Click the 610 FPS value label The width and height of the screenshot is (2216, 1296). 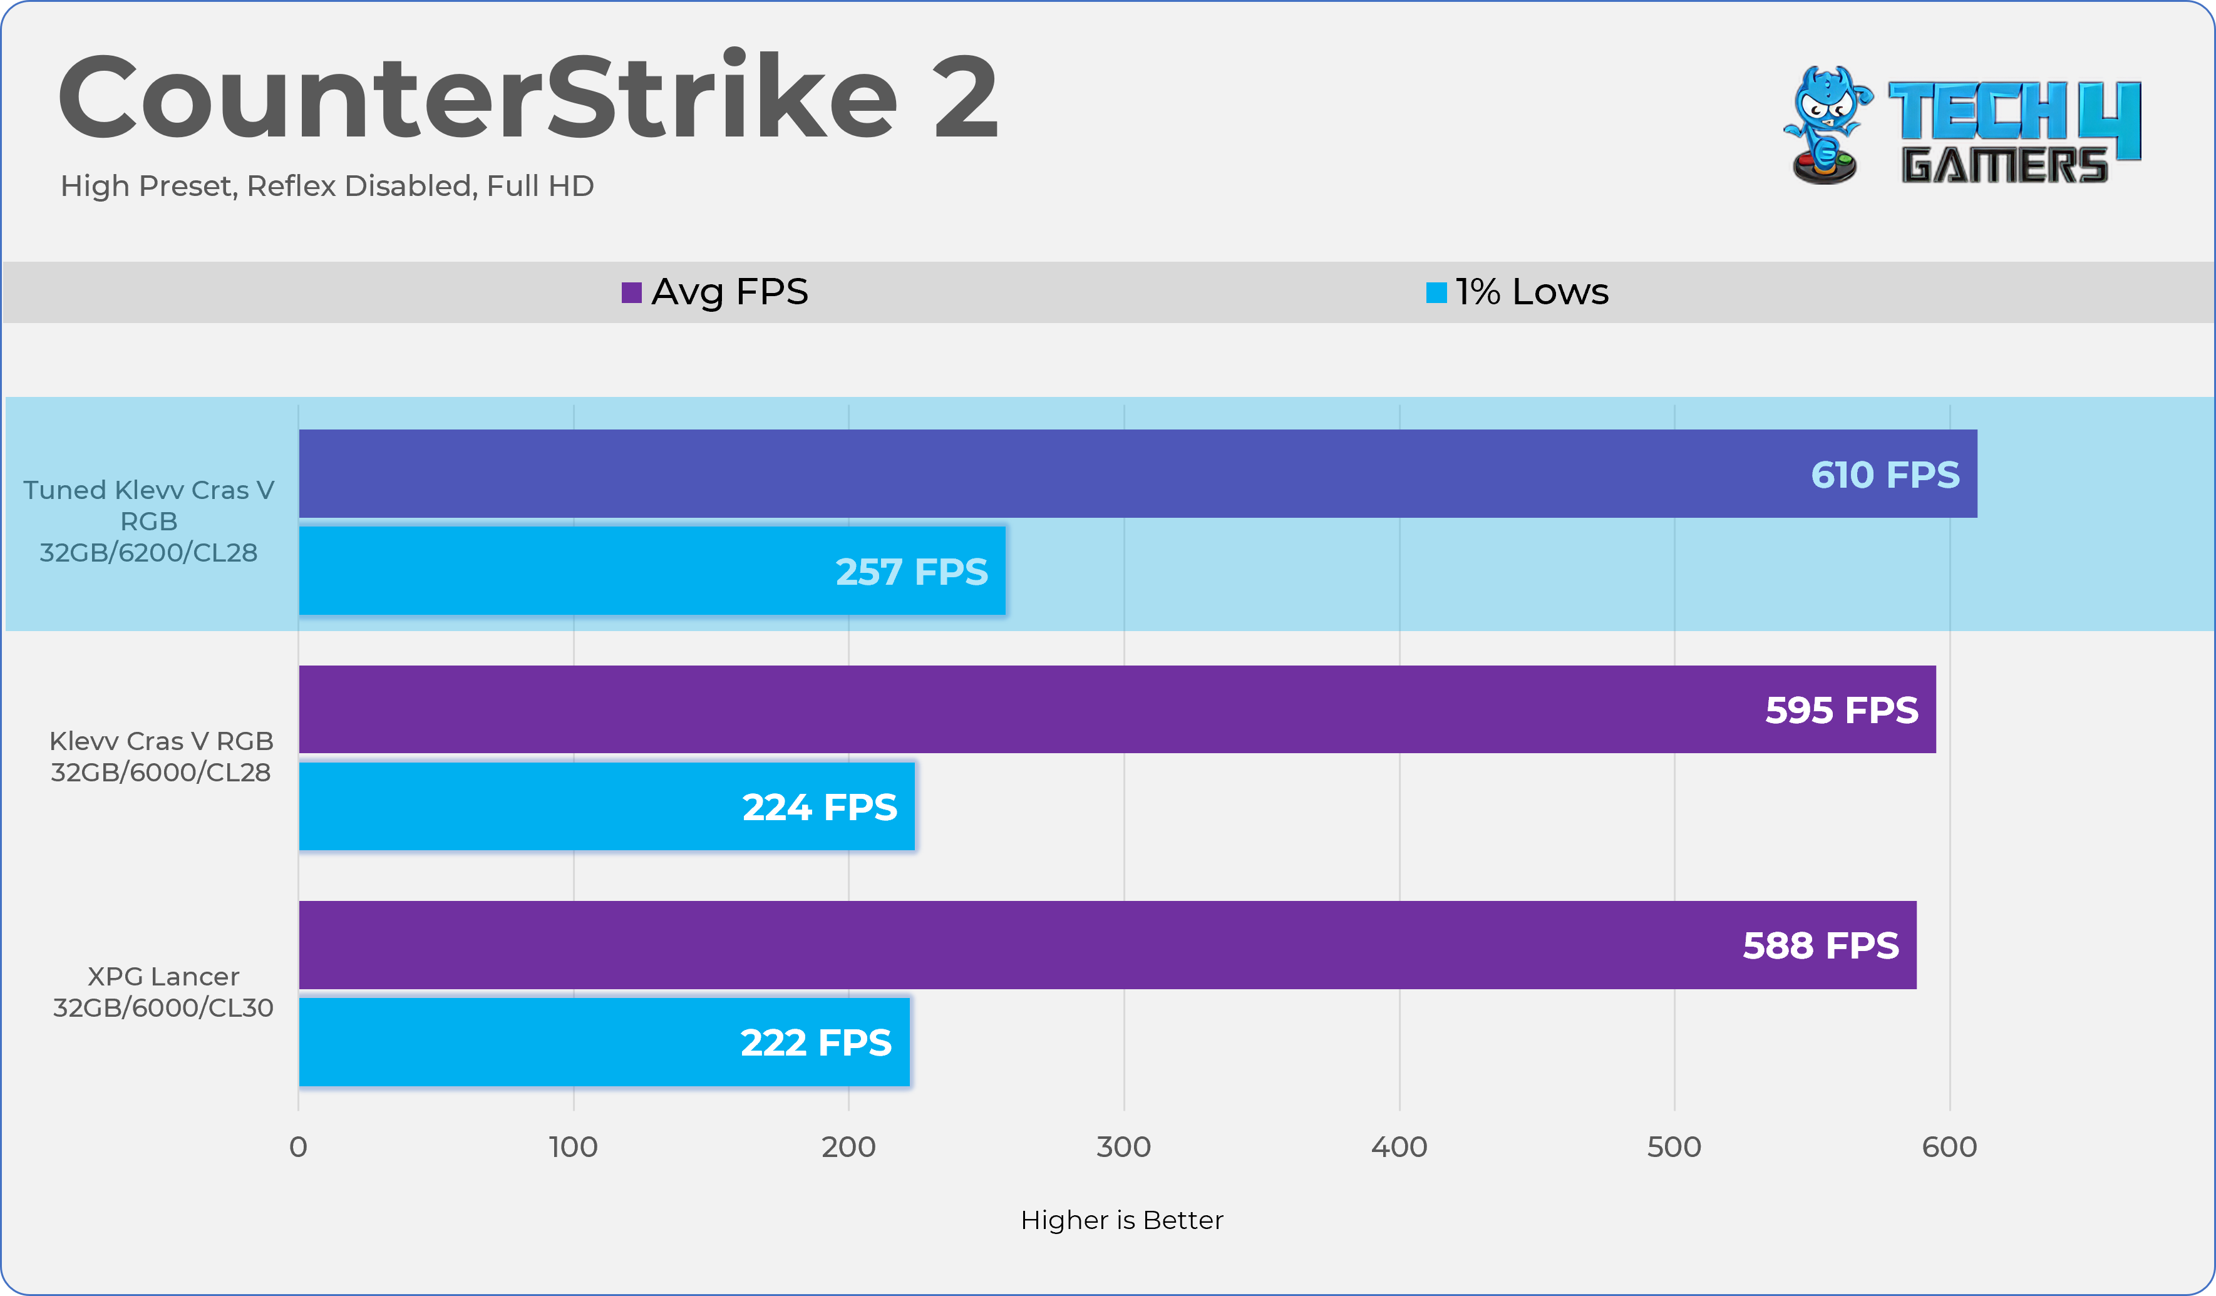(x=1885, y=475)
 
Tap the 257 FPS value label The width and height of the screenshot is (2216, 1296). (x=911, y=572)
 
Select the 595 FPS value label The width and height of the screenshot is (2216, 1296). (x=1842, y=709)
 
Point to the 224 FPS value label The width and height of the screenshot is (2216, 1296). (x=820, y=807)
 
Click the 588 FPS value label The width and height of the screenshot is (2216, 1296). (x=1820, y=945)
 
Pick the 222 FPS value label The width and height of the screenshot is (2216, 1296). (x=815, y=1043)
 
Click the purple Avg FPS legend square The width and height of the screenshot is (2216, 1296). (x=631, y=292)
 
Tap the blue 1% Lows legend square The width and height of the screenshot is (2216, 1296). (x=1436, y=292)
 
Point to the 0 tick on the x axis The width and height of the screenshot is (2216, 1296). (x=298, y=1146)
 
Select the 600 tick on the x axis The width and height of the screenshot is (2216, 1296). (x=1949, y=1146)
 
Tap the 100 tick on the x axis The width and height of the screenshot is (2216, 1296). (x=574, y=1146)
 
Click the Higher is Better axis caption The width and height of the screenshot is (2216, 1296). (x=1121, y=1220)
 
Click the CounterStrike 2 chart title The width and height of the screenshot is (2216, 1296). (x=528, y=96)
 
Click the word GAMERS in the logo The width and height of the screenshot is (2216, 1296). (x=2004, y=165)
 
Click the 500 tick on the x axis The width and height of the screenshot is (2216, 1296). (x=1674, y=1146)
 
